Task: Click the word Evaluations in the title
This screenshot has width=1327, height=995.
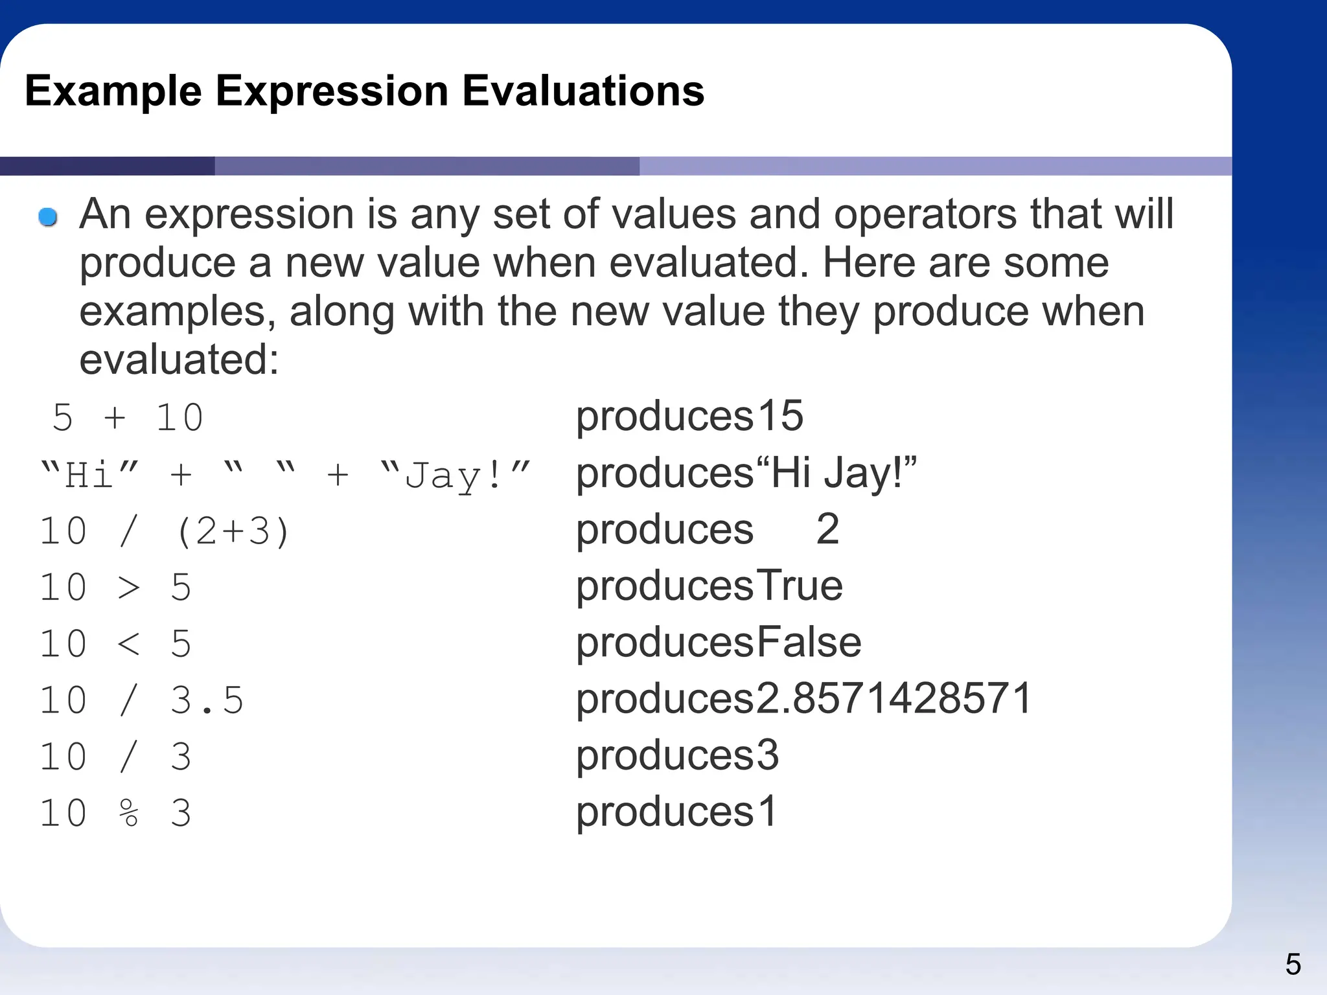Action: click(x=583, y=91)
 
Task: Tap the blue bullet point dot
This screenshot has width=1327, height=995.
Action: click(x=48, y=217)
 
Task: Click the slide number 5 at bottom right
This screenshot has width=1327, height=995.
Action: click(x=1293, y=965)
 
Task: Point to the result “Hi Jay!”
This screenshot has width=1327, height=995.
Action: click(x=837, y=473)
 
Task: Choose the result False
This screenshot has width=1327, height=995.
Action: click(x=809, y=643)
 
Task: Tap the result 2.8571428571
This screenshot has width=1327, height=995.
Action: click(x=894, y=699)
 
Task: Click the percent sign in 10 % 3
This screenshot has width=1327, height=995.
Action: click(x=129, y=813)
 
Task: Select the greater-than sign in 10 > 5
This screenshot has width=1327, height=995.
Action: click(x=129, y=588)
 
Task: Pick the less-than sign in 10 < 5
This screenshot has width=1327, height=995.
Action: click(x=129, y=644)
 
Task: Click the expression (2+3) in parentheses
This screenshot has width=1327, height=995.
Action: click(x=233, y=532)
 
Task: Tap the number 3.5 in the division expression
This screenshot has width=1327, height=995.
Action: click(x=207, y=700)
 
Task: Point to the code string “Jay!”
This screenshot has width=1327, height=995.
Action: click(x=456, y=475)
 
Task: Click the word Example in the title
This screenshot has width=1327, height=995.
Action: click(x=113, y=91)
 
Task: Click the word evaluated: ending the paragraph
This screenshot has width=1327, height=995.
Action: click(x=179, y=360)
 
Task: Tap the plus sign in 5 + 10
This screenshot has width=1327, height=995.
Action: click(x=115, y=417)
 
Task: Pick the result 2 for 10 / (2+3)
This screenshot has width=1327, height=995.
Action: click(x=827, y=529)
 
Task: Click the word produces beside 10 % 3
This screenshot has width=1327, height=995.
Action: click(x=665, y=812)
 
